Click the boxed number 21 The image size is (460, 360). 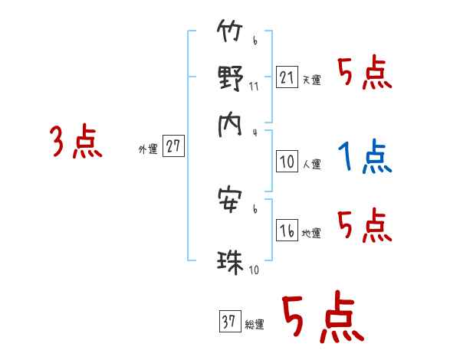coord(287,77)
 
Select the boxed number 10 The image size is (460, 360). coord(287,162)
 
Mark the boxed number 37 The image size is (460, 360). coord(229,322)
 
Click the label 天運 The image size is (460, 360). coord(311,80)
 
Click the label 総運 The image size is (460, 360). coord(255,324)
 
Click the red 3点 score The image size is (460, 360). coord(76,142)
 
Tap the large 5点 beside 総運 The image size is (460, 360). coord(322,319)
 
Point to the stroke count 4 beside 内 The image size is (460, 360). coord(254,131)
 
